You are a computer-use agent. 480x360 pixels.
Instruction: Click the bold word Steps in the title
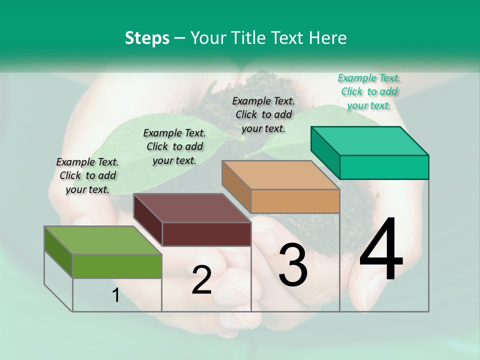click(147, 38)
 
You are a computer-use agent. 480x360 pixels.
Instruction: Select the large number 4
click(381, 249)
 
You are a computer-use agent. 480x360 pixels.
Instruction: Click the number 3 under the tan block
click(293, 265)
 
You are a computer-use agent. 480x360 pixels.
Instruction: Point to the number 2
click(201, 280)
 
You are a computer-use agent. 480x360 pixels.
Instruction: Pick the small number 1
click(116, 295)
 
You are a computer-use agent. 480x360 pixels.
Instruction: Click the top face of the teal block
click(370, 140)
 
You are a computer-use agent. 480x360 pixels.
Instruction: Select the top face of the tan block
click(280, 175)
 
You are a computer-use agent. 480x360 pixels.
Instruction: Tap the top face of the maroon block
click(192, 208)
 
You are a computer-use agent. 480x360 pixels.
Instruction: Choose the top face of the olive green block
click(103, 240)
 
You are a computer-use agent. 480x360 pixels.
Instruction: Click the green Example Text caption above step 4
click(369, 91)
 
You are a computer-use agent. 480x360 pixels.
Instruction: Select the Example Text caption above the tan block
click(263, 114)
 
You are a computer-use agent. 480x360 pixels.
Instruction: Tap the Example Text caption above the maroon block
click(174, 146)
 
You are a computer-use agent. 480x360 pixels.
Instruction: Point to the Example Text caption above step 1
click(87, 175)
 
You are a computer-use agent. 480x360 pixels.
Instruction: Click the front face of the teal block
click(384, 167)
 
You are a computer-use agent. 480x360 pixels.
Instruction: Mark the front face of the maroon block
click(206, 234)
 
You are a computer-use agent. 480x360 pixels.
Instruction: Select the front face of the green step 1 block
click(117, 266)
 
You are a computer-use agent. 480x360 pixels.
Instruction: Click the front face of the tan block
click(295, 201)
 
